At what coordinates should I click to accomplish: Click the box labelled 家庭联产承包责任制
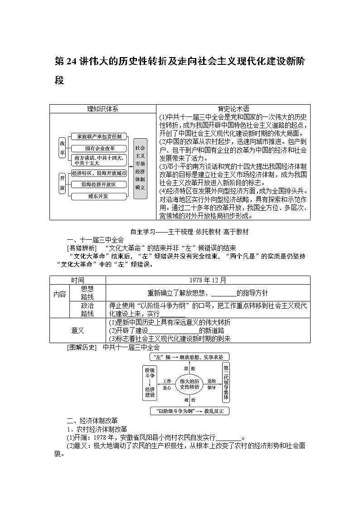(99, 136)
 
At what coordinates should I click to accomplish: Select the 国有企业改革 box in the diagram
(99, 148)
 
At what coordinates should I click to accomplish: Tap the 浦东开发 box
(98, 196)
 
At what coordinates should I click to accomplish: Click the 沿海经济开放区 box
(98, 184)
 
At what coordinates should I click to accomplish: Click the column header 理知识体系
(102, 109)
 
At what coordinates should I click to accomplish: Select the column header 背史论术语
(234, 109)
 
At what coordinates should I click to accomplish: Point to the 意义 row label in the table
(78, 330)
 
